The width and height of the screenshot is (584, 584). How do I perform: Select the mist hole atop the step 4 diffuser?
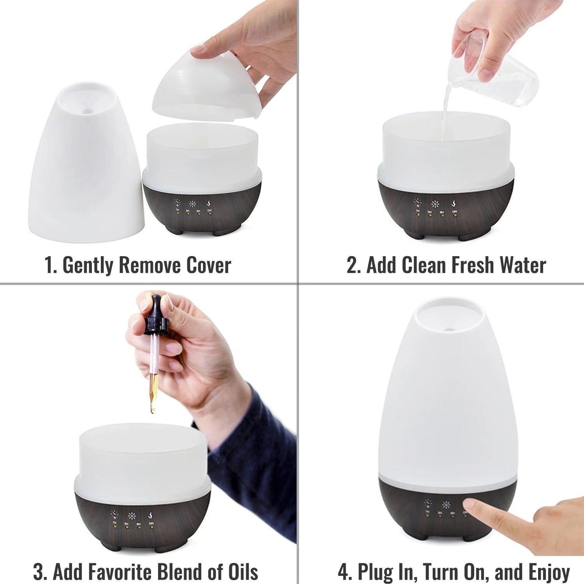[449, 329]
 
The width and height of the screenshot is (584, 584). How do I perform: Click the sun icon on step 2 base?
[435, 204]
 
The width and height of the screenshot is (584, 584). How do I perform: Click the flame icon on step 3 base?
[151, 515]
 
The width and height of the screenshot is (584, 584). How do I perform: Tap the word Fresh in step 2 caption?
[472, 266]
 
